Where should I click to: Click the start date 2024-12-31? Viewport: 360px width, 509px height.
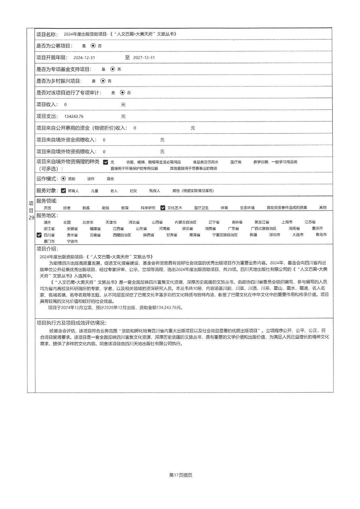84,58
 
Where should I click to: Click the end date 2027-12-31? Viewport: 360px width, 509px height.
144,58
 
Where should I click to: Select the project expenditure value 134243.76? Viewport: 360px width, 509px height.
74,116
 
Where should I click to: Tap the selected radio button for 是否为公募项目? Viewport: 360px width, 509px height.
93,46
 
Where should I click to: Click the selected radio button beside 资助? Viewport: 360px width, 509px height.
63,179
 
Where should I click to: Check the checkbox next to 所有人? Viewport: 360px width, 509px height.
63,191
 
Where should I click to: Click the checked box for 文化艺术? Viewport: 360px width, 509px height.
163,208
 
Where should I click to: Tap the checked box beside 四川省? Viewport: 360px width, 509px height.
39,235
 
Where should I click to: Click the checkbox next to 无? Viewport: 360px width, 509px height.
106,162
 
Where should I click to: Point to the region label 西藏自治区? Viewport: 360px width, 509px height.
122,235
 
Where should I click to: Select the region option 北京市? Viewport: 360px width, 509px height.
88,222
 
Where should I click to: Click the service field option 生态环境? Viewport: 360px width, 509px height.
247,208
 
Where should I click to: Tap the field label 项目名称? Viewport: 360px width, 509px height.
47,34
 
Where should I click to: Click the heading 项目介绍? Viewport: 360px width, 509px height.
47,249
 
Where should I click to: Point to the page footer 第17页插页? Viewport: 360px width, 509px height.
181,475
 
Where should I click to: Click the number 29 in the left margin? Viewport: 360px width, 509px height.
31,218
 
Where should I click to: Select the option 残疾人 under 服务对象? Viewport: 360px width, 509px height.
155,191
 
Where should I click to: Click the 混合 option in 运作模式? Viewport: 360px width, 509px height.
110,179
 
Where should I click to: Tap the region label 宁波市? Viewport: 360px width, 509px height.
72,241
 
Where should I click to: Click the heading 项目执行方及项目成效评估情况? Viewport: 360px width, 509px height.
71,323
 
